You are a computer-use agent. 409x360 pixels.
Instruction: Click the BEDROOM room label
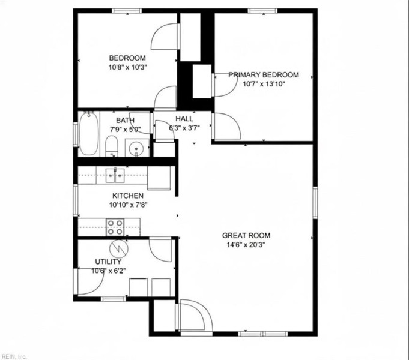coord(127,58)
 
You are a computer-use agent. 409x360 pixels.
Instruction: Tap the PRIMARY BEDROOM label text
coord(264,75)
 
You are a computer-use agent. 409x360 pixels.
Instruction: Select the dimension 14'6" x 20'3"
coord(246,245)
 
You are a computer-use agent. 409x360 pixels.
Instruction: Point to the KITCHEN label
coord(128,196)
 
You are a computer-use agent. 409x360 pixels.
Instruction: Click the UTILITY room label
coord(108,262)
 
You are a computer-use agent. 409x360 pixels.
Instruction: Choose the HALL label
coord(184,119)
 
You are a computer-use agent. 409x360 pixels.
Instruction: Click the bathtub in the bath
coord(89,133)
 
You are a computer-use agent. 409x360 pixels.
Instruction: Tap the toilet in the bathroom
coord(112,146)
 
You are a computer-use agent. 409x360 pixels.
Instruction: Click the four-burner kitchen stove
coord(115,227)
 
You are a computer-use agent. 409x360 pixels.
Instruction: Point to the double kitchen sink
coord(115,175)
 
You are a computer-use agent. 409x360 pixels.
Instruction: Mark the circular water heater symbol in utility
coord(119,248)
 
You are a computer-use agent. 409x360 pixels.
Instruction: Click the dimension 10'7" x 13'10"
coord(264,84)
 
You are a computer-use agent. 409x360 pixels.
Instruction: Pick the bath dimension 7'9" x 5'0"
coord(125,129)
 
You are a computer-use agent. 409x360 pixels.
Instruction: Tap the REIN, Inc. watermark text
coord(14,356)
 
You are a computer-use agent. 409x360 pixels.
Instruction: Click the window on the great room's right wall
coord(315,203)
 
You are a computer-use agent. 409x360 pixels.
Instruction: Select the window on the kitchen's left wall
coord(76,200)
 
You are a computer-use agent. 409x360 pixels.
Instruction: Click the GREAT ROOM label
coord(246,235)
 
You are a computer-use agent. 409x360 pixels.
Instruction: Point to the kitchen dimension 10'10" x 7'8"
coord(129,205)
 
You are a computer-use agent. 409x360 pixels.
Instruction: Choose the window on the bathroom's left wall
coord(76,134)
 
